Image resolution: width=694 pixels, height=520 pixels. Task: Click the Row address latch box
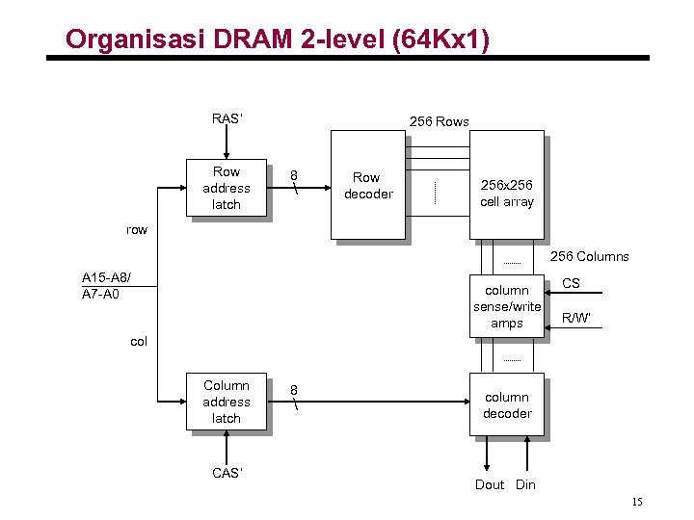227,188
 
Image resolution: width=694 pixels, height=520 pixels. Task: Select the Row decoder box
367,185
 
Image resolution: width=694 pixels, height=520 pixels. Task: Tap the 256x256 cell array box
506,193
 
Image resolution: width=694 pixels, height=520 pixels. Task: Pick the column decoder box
507,405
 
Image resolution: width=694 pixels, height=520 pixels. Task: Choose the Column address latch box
227,402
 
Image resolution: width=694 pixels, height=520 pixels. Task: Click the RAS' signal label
227,119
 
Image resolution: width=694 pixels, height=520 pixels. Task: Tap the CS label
571,283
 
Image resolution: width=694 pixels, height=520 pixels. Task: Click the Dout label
490,484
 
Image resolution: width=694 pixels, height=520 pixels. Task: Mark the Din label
525,484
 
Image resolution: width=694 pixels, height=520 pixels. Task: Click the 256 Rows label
439,121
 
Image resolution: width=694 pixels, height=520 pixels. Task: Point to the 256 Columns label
589,256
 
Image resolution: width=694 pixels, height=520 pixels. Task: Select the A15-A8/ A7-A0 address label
107,284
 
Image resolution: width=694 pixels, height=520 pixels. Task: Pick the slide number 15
636,503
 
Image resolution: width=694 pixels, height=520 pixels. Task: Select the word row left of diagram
138,229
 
